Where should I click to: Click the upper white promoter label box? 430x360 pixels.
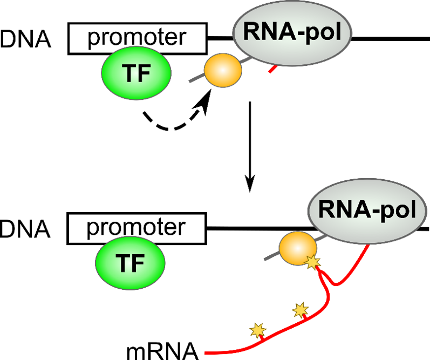pyautogui.click(x=137, y=39)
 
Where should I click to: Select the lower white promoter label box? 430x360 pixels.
pyautogui.click(x=136, y=228)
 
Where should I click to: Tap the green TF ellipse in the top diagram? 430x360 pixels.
pyautogui.click(x=136, y=73)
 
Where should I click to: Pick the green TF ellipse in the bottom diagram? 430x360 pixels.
pyautogui.click(x=131, y=263)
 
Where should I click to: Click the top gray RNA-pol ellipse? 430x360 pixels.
pyautogui.click(x=292, y=33)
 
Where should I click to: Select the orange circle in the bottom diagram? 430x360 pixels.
pyautogui.click(x=297, y=248)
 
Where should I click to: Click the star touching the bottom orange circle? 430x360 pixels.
pyautogui.click(x=313, y=262)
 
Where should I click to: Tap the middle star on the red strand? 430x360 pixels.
pyautogui.click(x=300, y=310)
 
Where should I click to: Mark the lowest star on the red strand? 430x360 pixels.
pyautogui.click(x=258, y=329)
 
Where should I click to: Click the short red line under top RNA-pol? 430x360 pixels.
pyautogui.click(x=274, y=69)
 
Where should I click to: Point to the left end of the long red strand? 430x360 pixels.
pyautogui.click(x=207, y=353)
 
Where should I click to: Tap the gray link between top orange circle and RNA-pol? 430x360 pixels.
pyautogui.click(x=245, y=60)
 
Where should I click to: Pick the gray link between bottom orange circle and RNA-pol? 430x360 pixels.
pyautogui.click(x=322, y=237)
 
